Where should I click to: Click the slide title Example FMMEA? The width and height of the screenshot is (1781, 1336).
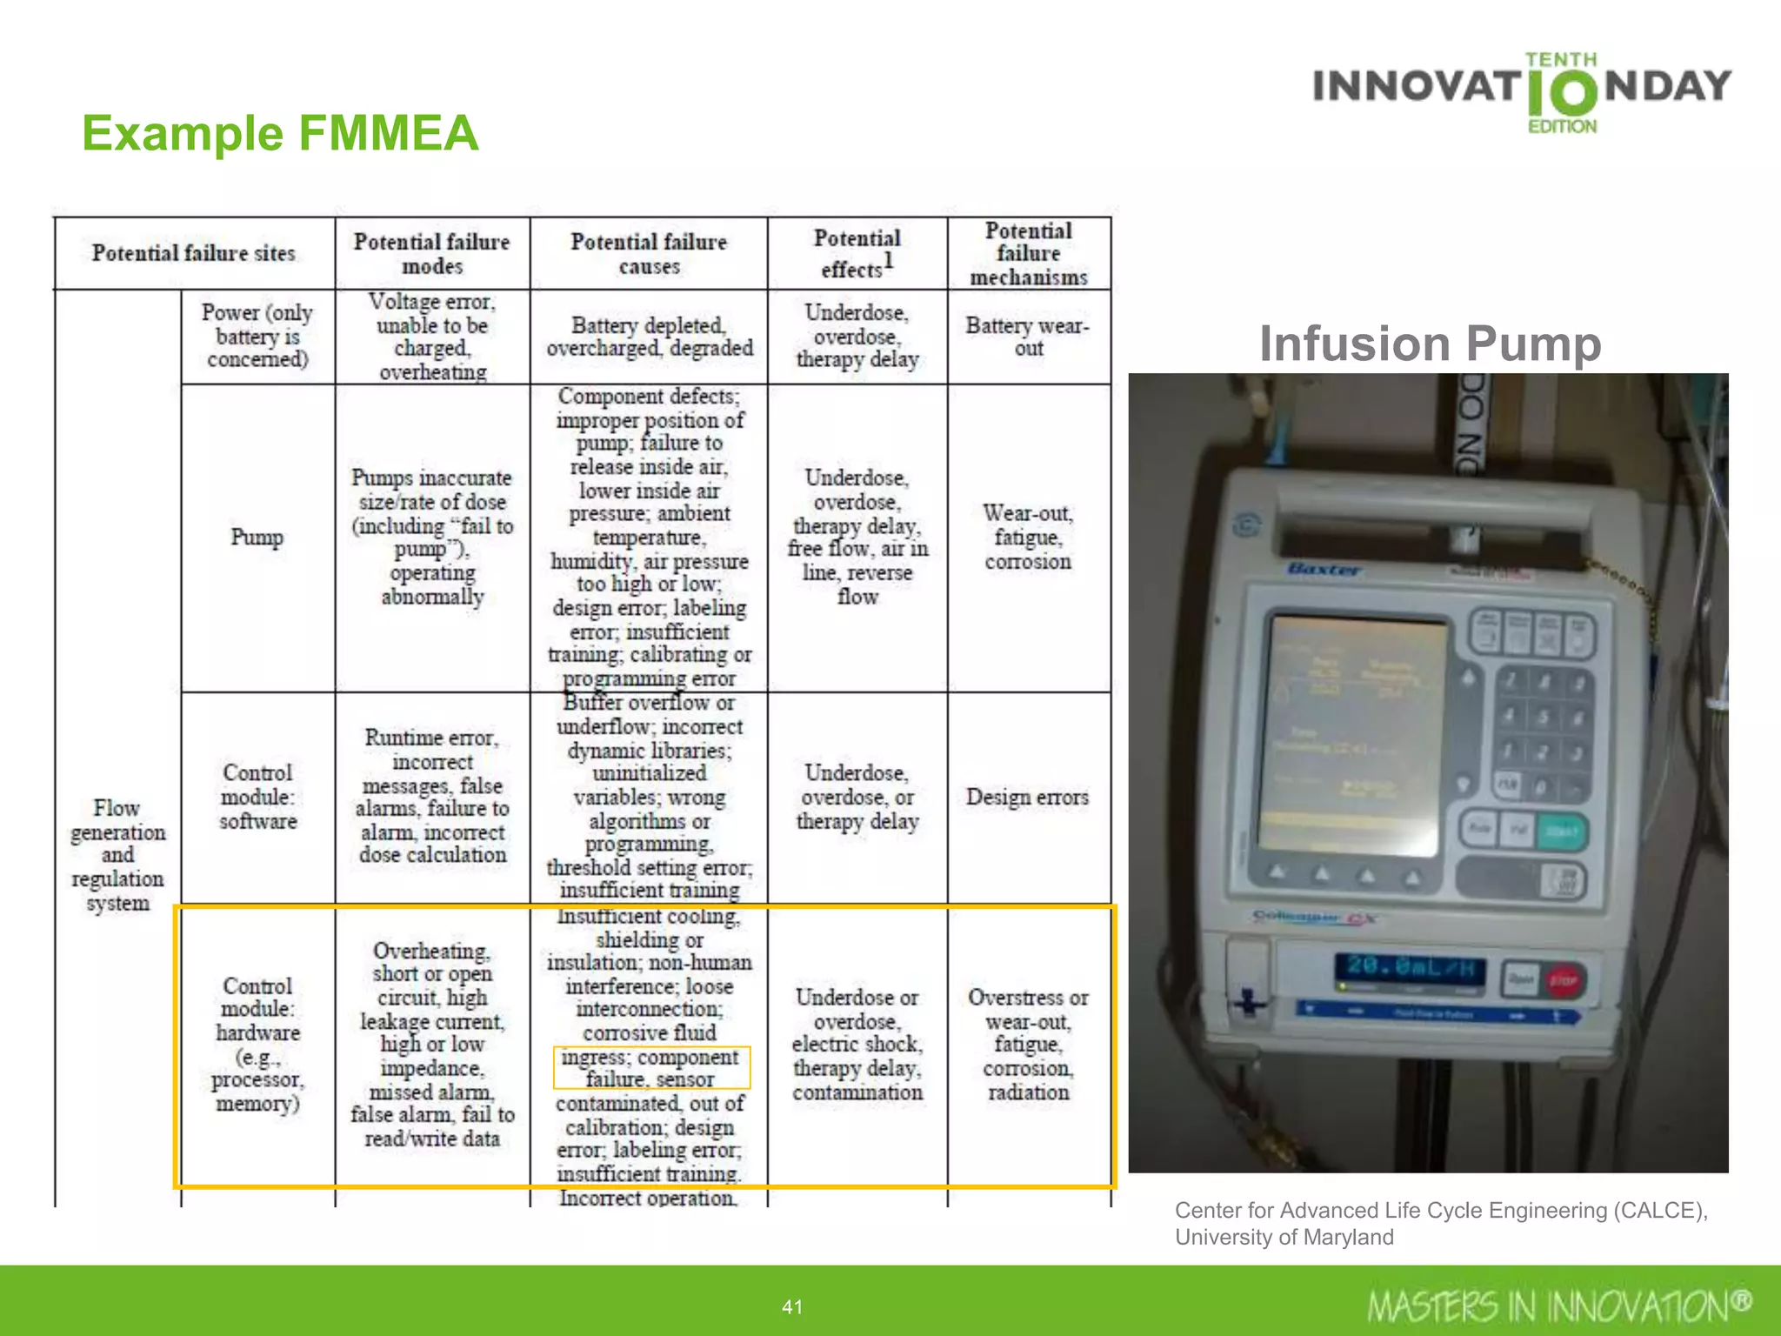pos(280,133)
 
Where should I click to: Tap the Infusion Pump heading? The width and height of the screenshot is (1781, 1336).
pos(1430,343)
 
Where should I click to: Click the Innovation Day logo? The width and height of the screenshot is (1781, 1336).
pos(1522,90)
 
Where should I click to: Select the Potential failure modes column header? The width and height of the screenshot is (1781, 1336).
pos(431,253)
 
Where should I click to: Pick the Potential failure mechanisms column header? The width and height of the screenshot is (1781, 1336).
pos(1028,253)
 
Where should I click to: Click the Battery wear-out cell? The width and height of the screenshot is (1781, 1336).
pos(1028,337)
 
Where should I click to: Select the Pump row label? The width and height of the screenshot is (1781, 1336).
pos(257,538)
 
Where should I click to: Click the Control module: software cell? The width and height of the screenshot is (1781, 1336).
pos(257,797)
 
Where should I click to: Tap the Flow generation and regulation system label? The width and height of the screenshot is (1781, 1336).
pos(117,855)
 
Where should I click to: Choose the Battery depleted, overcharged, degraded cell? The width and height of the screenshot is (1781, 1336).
pos(649,337)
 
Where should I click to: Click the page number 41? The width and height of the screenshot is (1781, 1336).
pos(792,1306)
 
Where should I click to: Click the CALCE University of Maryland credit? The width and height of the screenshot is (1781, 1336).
pos(1441,1223)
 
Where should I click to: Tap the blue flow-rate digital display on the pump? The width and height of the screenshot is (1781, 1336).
pos(1410,969)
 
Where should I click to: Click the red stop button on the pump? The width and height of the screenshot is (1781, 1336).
pos(1563,980)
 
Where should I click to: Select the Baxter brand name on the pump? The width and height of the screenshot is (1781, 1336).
pos(1324,569)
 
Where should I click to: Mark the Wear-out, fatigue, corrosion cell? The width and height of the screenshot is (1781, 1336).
pos(1028,538)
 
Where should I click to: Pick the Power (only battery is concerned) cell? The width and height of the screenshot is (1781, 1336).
pos(257,336)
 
